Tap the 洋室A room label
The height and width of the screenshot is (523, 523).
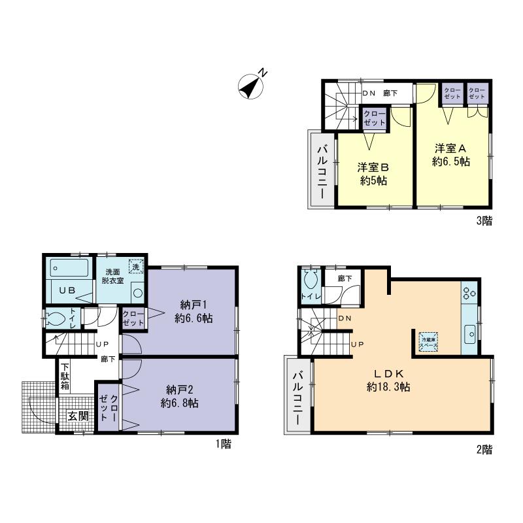tap(451, 154)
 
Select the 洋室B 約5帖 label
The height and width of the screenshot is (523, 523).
tap(373, 173)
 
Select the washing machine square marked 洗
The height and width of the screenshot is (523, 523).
tap(135, 267)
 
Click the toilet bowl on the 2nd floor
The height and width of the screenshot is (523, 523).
tap(310, 281)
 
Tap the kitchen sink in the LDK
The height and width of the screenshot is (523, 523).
tap(469, 335)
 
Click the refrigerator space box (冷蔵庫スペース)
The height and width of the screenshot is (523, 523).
tap(429, 341)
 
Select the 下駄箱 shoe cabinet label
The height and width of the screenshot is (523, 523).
tap(65, 377)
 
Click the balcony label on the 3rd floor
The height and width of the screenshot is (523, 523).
tap(322, 169)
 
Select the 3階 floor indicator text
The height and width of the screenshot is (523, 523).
tap(483, 220)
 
